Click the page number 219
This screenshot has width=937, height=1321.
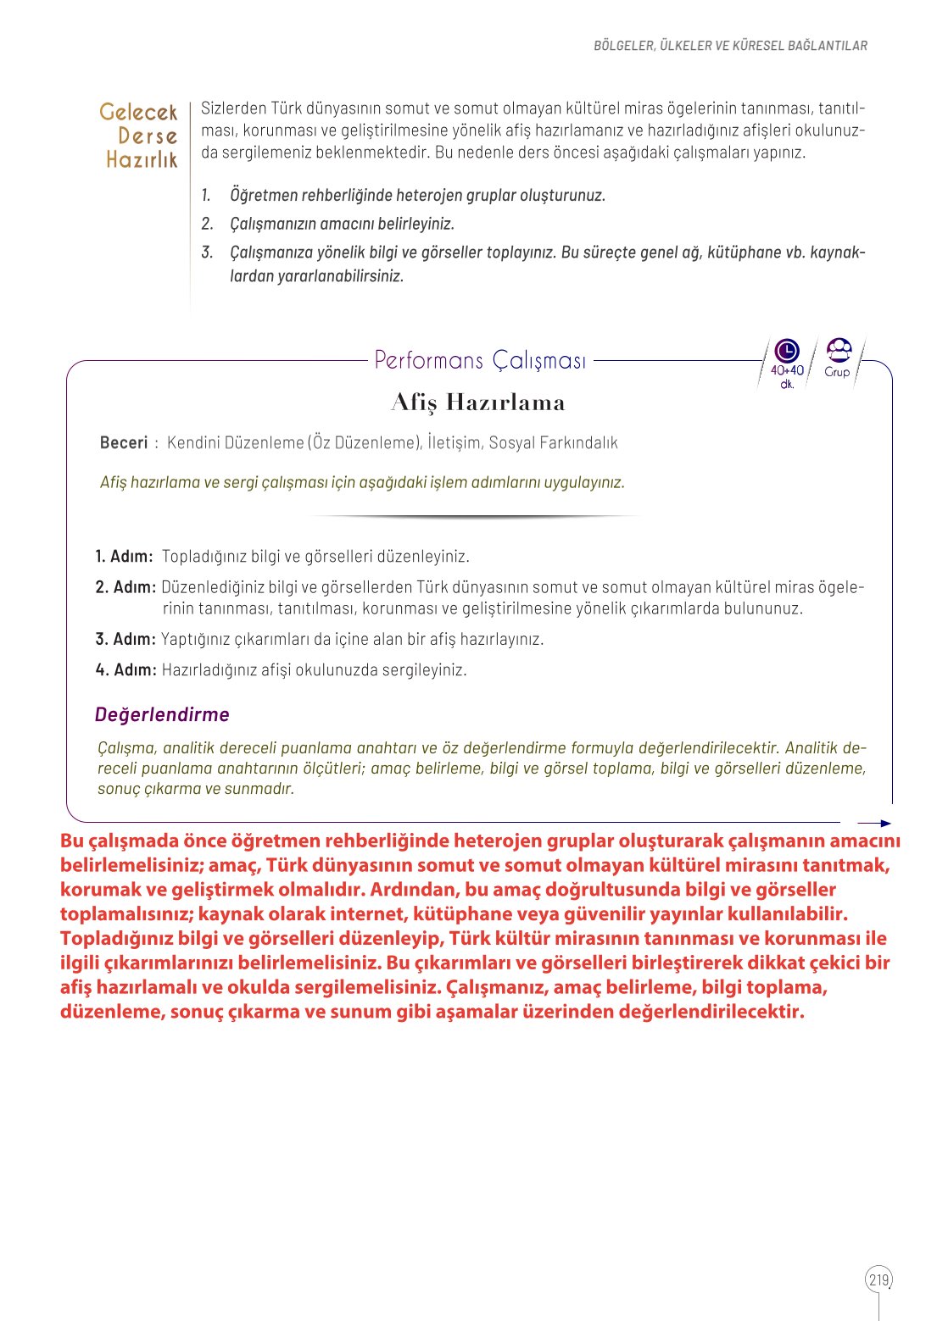(878, 1279)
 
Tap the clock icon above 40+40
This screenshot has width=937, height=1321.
(787, 350)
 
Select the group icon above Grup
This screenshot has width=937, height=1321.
(838, 349)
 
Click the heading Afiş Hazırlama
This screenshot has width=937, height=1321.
(478, 402)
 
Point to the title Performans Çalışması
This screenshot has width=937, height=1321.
(480, 360)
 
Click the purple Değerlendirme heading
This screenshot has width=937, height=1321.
(162, 714)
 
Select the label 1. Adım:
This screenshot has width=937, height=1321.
(124, 557)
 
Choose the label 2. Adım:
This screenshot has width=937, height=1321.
(125, 587)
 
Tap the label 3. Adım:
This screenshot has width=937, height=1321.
(125, 639)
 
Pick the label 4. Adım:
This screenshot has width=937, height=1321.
(125, 670)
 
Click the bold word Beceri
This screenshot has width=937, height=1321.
(123, 442)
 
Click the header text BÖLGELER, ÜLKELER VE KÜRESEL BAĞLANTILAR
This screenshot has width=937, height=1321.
(730, 46)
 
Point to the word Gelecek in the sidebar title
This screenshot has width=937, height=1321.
(138, 112)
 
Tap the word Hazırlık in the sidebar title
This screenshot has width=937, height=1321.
(142, 159)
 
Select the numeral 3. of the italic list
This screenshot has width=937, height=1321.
(207, 253)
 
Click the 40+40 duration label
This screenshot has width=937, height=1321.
(787, 370)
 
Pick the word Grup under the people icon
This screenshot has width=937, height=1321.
(837, 372)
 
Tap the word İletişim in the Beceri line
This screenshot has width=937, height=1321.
(453, 442)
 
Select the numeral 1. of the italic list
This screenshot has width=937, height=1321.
(206, 196)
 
